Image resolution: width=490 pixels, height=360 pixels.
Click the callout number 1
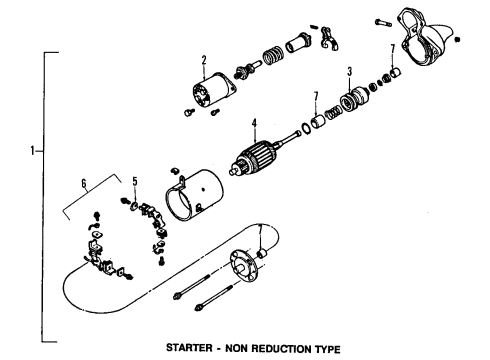tap(34, 151)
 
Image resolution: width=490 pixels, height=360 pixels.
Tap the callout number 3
tap(349, 72)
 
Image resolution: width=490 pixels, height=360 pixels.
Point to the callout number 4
tap(254, 125)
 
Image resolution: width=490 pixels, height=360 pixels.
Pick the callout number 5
tap(134, 181)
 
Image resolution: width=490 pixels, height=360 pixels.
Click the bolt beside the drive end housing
tap(384, 22)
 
